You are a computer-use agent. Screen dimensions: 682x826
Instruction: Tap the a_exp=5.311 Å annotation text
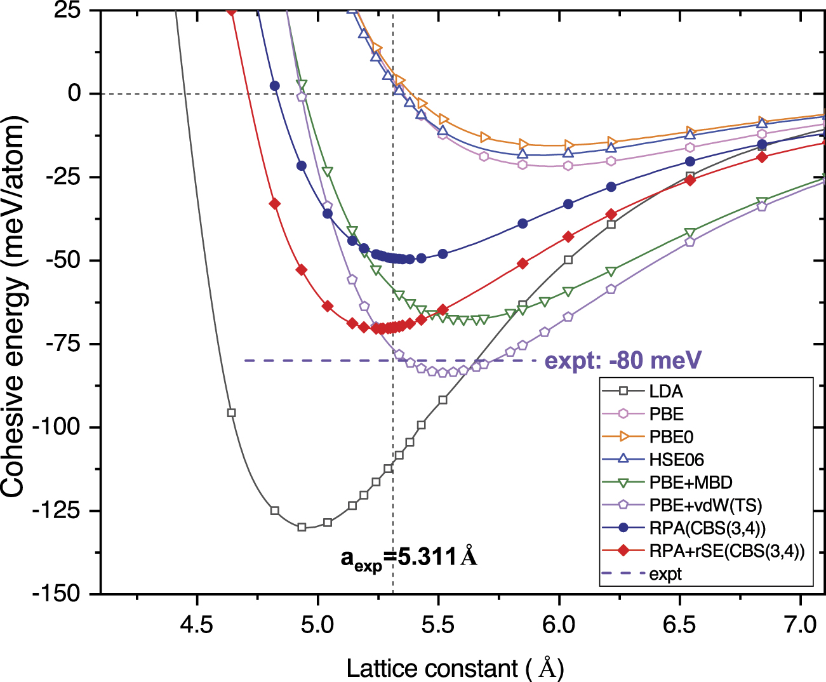pyautogui.click(x=409, y=558)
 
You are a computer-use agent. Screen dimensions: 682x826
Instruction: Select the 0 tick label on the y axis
pyautogui.click(x=75, y=94)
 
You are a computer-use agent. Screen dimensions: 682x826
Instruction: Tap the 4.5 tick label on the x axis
pyautogui.click(x=197, y=625)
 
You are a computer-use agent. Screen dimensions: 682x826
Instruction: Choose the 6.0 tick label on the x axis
pyautogui.click(x=559, y=625)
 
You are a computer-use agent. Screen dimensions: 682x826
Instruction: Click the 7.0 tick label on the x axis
pyautogui.click(x=801, y=625)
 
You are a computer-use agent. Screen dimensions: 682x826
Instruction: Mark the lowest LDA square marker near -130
pyautogui.click(x=302, y=527)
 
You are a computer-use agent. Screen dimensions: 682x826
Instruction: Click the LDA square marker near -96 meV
pyautogui.click(x=232, y=413)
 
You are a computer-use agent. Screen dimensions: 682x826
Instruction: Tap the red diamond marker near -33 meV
pyautogui.click(x=275, y=203)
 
